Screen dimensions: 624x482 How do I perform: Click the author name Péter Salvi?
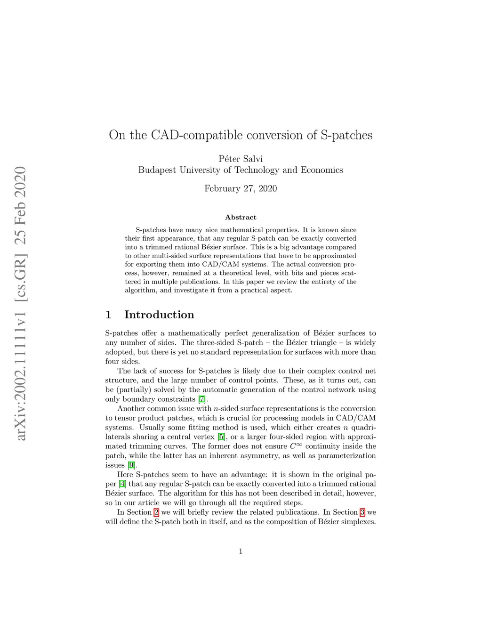click(x=241, y=159)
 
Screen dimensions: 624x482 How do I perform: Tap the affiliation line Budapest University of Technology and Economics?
click(x=241, y=170)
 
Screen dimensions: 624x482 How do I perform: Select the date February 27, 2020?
click(x=241, y=188)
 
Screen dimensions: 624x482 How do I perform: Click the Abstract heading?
click(x=241, y=217)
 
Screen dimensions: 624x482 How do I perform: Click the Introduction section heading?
click(x=159, y=315)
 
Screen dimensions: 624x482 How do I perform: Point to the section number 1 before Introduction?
click(x=108, y=315)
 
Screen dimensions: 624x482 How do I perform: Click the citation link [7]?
click(x=202, y=399)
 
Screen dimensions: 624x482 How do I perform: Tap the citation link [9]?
click(x=132, y=465)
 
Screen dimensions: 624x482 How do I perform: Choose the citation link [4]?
click(x=122, y=484)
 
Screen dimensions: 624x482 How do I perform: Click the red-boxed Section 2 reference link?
click(x=156, y=512)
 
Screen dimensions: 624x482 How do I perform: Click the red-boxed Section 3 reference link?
click(x=362, y=512)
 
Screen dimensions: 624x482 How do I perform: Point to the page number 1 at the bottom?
click(x=241, y=551)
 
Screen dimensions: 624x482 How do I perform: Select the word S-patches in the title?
click(x=346, y=135)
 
